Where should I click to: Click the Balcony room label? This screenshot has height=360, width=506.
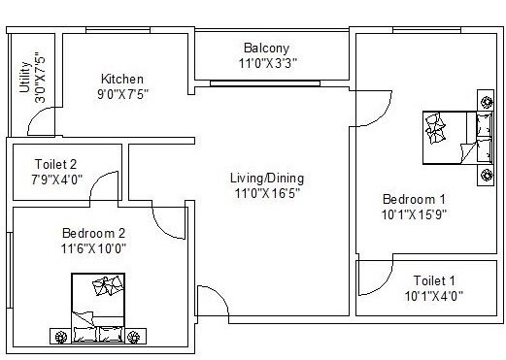266,48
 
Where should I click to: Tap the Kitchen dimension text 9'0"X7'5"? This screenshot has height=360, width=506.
122,94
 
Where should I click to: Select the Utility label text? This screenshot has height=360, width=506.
23,79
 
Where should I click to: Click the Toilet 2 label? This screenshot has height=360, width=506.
55,164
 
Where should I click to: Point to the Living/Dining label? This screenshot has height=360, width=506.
266,179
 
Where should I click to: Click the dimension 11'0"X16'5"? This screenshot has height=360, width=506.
266,193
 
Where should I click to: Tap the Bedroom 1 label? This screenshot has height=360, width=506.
413,199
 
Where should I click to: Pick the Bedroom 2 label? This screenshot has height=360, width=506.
94,233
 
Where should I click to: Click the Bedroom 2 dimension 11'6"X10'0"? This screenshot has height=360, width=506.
94,247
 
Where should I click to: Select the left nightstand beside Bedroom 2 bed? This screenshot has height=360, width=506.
61,336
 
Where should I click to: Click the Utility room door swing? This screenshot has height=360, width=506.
41,121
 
